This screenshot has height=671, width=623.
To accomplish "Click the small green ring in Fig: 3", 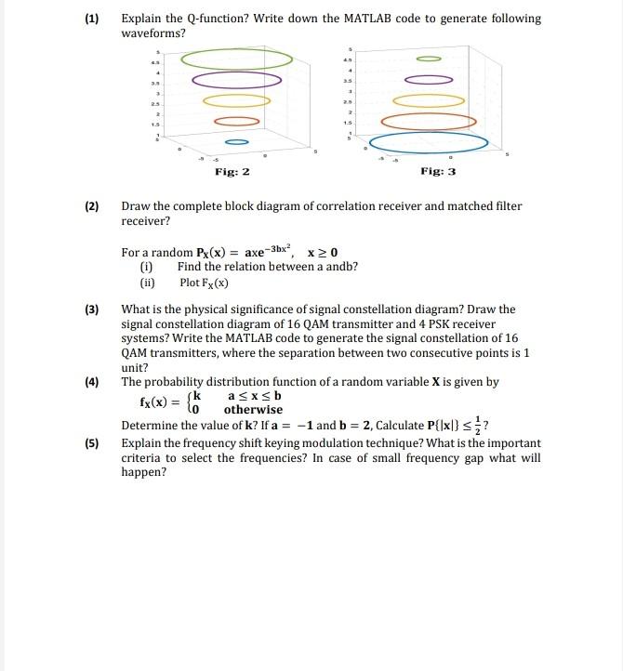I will click(x=430, y=58).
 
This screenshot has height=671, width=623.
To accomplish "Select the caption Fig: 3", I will click(x=438, y=172).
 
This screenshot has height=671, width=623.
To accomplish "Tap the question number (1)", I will click(x=92, y=19).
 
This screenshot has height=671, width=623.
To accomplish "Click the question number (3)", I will click(x=92, y=309).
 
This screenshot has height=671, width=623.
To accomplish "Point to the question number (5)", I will click(x=92, y=443).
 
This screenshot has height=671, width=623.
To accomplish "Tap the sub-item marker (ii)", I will click(x=147, y=283).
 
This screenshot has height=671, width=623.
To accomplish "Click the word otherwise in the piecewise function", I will click(x=253, y=410).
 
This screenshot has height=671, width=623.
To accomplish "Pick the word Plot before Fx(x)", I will click(x=191, y=283).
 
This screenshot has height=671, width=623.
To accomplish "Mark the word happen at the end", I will click(x=144, y=472).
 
